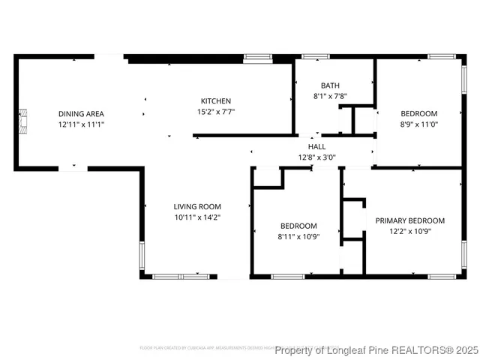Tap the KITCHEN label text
point(215,101)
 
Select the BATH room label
point(330,85)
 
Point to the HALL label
point(316,147)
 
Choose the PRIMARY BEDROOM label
point(409,220)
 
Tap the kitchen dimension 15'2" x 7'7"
point(215,112)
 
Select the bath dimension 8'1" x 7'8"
point(330,96)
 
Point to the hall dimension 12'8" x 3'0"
point(316,157)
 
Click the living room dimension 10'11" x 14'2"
point(197,217)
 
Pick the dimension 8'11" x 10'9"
point(298,236)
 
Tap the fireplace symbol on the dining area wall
point(24,120)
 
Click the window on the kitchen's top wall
point(257,56)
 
